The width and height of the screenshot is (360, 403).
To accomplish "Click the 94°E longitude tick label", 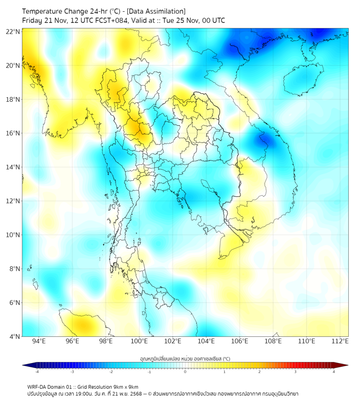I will click(39, 341).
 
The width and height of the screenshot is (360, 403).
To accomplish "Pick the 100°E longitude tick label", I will click(140, 341).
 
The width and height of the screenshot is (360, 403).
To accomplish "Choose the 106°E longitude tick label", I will click(240, 341).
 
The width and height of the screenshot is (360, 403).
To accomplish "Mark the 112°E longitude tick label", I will click(340, 341).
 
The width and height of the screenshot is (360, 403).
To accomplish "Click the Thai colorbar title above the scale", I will click(185, 358).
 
